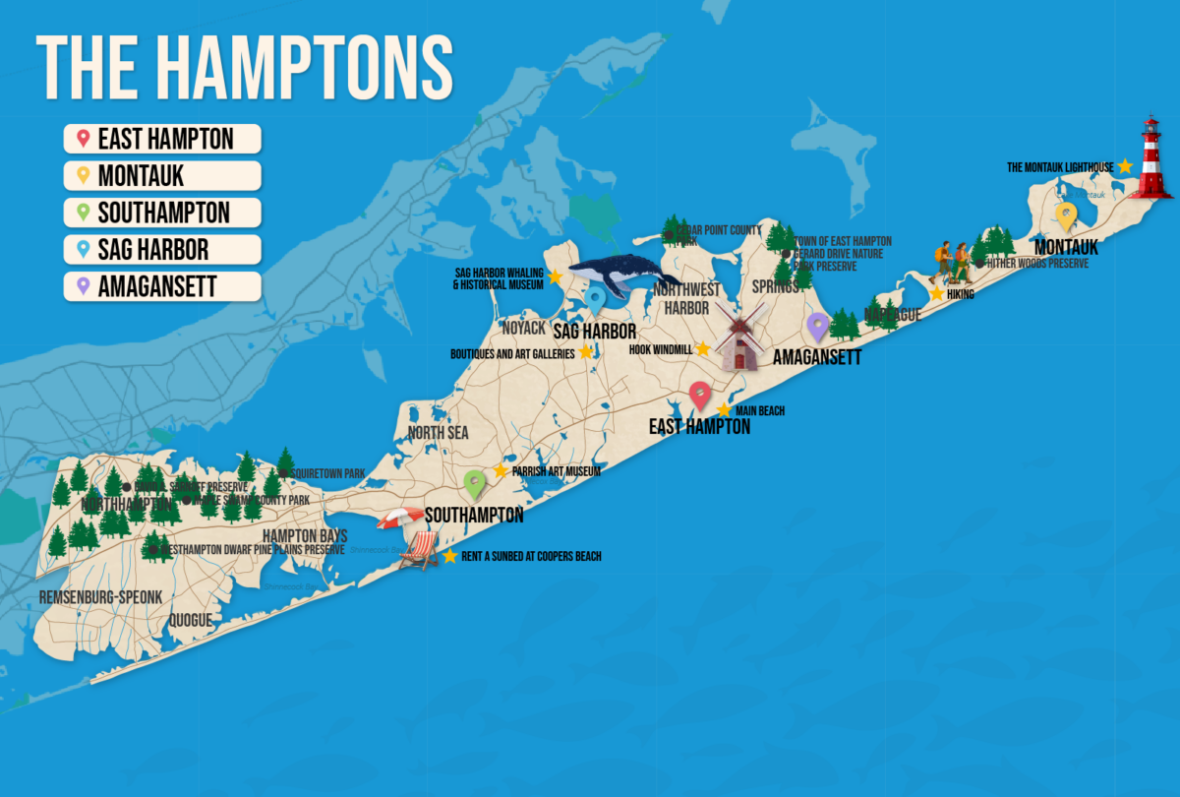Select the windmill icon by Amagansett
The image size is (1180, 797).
coord(739,337)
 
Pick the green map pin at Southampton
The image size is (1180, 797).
coord(475,483)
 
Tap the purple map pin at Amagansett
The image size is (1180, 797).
coord(817,327)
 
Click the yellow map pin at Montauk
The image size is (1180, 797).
coord(1066,216)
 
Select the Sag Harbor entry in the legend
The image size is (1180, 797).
coord(162,249)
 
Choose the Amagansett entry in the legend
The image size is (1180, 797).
coord(162,286)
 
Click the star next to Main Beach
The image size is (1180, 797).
coord(724,410)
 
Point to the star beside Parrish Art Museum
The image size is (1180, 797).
coord(500,471)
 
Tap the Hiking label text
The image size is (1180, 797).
coord(960,294)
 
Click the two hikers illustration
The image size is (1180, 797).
coord(952,263)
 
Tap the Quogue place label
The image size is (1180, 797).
coord(190,620)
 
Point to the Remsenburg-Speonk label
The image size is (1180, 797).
coord(99,597)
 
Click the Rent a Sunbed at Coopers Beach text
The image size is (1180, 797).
coord(531,557)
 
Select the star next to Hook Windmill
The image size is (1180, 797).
coord(702,349)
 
